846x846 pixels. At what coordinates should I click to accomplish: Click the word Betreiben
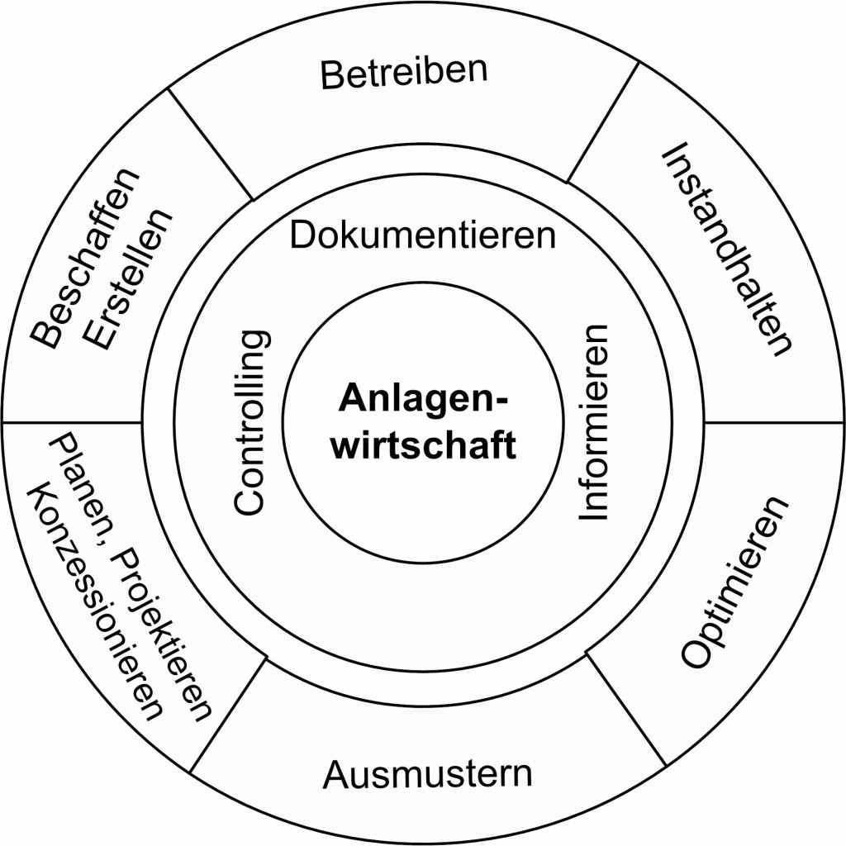point(404,74)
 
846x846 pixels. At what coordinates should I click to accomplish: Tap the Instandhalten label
point(726,249)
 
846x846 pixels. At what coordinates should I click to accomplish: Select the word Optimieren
point(734,582)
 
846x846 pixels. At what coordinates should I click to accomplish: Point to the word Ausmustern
point(427,775)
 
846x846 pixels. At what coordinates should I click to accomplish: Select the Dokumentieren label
point(422,235)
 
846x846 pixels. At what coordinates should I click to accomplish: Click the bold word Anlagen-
point(422,397)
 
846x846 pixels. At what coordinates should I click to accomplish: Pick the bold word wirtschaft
point(422,445)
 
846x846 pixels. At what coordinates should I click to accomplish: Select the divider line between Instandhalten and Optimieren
point(772,422)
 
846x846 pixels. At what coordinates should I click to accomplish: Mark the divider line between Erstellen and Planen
point(74,423)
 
